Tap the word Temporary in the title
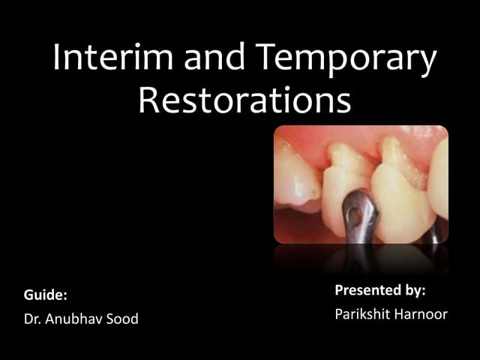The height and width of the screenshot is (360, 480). tap(346, 60)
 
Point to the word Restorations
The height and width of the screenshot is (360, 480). tap(244, 101)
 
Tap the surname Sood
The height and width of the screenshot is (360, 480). tap(123, 320)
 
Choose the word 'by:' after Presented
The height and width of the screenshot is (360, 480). tap(415, 290)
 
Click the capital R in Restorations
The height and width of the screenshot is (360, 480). tap(148, 101)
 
